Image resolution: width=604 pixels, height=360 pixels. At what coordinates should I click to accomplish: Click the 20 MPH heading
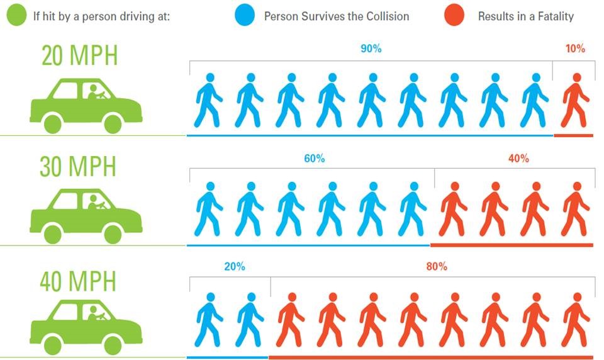point(79,56)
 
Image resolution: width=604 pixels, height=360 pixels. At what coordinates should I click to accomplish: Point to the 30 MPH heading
point(78,167)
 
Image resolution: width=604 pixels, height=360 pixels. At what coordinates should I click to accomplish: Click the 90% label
point(371,48)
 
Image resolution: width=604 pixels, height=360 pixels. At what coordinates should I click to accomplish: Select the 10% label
point(575,48)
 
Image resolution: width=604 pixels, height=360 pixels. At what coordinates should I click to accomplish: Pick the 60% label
point(314,159)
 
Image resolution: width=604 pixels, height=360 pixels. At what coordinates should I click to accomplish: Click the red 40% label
point(518,159)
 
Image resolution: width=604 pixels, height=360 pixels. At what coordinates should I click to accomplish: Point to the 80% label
point(436,266)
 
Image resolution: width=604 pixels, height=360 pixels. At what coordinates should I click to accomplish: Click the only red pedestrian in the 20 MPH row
point(575,101)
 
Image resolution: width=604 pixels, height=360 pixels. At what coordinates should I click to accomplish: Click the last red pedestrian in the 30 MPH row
point(575,210)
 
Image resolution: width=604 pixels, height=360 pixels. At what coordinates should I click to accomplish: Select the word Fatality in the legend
point(552,16)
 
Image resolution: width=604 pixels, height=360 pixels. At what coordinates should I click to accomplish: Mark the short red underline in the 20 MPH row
point(573,135)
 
